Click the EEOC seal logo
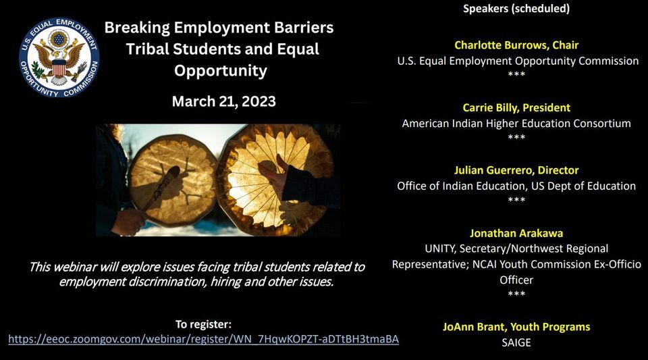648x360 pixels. click(x=60, y=58)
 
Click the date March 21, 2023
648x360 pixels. click(x=223, y=101)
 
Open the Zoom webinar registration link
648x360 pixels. click(x=203, y=339)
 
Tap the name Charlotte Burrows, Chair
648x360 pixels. click(x=516, y=45)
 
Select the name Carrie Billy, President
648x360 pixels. click(x=516, y=107)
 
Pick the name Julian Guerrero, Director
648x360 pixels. click(x=516, y=170)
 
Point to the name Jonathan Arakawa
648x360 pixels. click(x=516, y=233)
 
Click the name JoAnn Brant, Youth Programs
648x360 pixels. click(x=516, y=327)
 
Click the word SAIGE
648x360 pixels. click(x=516, y=342)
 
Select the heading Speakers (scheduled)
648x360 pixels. click(x=516, y=9)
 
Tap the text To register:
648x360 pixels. click(x=203, y=324)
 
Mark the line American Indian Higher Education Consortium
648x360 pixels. click(x=516, y=123)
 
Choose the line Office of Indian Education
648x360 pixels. click(x=516, y=186)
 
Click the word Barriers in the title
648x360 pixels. click(x=298, y=28)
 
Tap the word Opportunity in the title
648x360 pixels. click(x=221, y=70)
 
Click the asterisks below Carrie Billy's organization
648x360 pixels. click(x=516, y=137)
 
